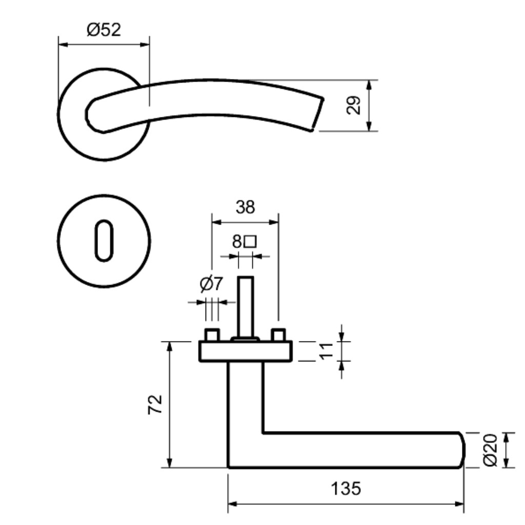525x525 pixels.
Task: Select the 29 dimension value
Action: click(353, 105)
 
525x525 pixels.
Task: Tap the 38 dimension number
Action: click(245, 207)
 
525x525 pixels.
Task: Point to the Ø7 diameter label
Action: click(211, 284)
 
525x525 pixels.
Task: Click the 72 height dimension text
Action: click(155, 405)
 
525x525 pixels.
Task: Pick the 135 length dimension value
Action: click(346, 489)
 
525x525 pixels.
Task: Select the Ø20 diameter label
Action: click(491, 450)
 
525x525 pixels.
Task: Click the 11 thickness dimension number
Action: click(326, 351)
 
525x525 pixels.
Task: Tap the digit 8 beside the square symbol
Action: click(237, 241)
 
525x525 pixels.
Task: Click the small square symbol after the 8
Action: click(250, 241)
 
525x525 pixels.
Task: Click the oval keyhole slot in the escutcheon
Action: click(104, 240)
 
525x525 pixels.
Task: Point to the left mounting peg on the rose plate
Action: click(212, 335)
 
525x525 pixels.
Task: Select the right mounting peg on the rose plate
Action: click(278, 335)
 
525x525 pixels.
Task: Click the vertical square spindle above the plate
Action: click(246, 307)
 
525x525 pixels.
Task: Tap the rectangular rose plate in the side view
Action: click(246, 351)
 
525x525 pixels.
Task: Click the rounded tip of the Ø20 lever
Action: click(463, 450)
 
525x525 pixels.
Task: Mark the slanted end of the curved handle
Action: click(317, 114)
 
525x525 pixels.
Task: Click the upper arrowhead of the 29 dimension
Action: click(369, 85)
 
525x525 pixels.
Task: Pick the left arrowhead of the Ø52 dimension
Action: click(63, 45)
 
